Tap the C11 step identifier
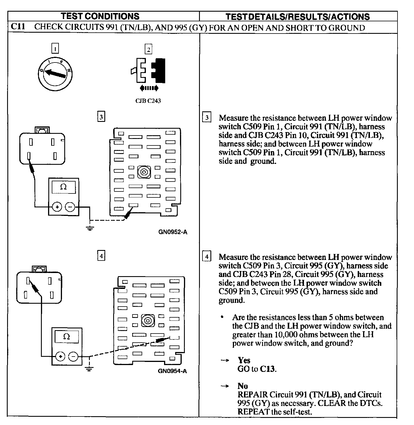coord(18,27)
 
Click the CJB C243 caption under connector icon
coord(148,101)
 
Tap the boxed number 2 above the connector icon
coord(148,49)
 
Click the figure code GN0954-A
coord(173,371)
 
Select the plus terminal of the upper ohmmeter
coord(57,207)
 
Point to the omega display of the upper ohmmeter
coord(63,187)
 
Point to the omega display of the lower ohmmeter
coord(67,337)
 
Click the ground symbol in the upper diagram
coord(90,228)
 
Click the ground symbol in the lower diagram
coord(89,369)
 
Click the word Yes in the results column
coord(244,360)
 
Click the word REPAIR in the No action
coord(252,395)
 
